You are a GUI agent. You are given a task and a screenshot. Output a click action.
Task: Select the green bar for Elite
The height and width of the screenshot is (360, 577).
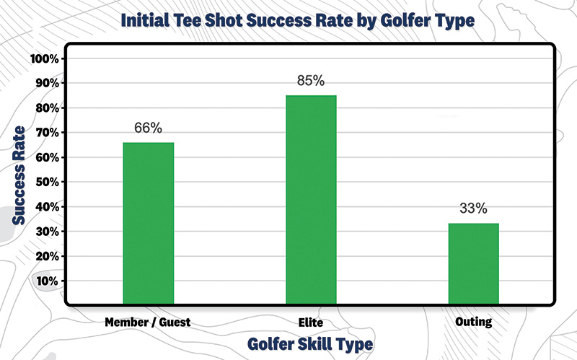(311, 198)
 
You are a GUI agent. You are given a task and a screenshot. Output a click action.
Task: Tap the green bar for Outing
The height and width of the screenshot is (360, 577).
(473, 263)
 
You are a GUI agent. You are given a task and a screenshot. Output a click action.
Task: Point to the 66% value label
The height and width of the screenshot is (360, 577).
(148, 128)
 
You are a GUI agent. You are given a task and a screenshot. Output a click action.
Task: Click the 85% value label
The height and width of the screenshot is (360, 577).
(311, 81)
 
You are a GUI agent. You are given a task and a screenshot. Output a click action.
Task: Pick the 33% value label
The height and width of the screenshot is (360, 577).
(473, 209)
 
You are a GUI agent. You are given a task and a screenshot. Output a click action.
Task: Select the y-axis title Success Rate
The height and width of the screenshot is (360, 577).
(20, 174)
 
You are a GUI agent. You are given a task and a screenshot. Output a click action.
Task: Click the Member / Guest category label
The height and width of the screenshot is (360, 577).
(148, 322)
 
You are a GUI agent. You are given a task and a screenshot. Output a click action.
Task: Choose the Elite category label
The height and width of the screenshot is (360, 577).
(311, 322)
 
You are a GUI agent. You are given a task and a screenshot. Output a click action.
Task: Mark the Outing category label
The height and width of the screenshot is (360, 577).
(473, 322)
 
